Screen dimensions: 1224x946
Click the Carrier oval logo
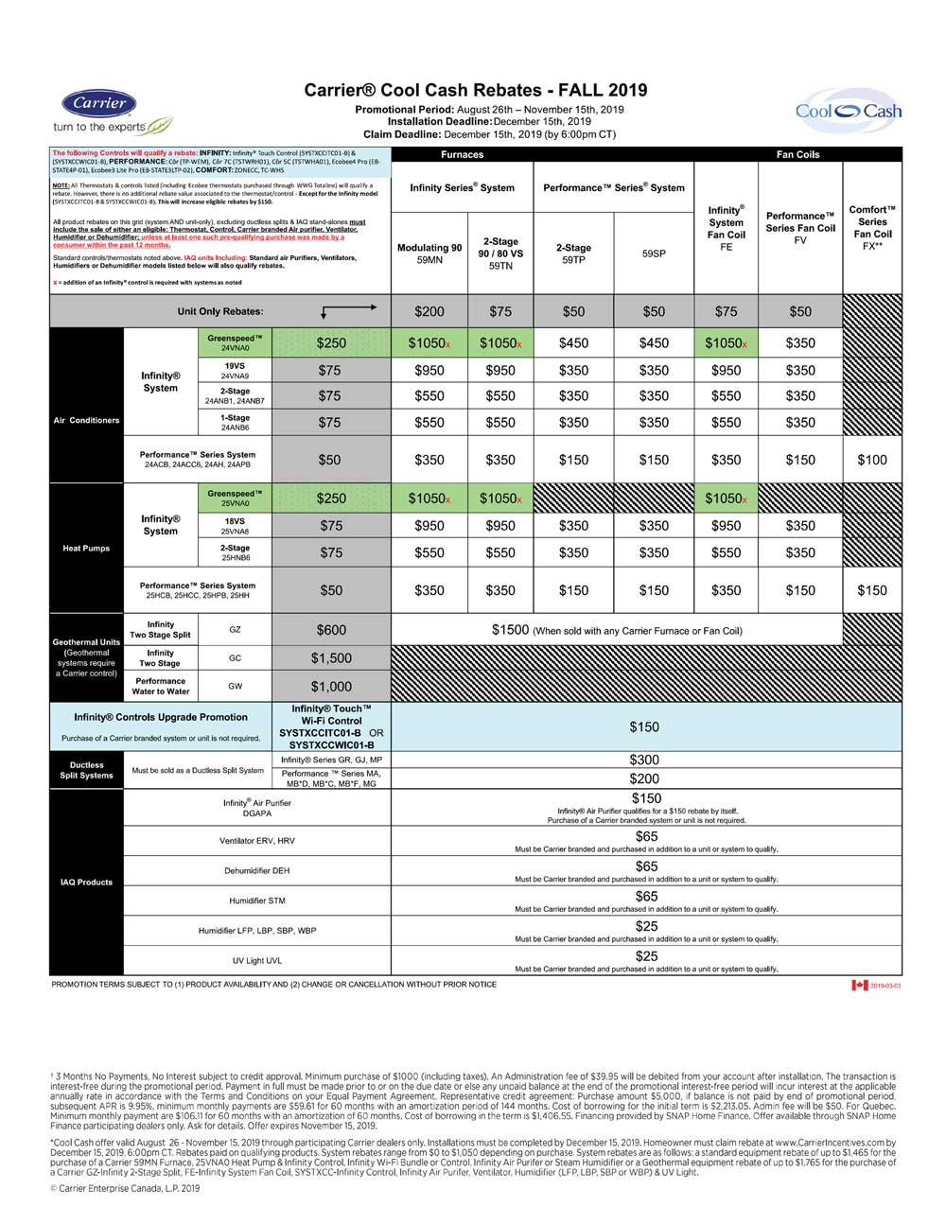point(99,104)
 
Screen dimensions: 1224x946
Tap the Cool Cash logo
point(849,112)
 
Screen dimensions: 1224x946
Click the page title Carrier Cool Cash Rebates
point(476,91)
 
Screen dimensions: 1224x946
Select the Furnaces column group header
point(462,154)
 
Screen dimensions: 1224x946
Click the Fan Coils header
point(797,154)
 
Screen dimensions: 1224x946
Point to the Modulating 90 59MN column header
point(429,254)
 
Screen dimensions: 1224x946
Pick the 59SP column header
point(654,254)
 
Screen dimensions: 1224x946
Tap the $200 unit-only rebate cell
point(429,311)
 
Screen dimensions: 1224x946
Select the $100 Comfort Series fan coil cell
point(872,460)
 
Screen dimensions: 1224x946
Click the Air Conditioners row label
point(86,420)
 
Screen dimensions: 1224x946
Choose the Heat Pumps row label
point(86,548)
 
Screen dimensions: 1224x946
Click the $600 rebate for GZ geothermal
point(331,630)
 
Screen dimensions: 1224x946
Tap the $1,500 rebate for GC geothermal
point(331,658)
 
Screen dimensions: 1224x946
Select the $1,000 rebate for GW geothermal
point(331,687)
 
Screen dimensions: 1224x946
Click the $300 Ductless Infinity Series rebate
point(645,760)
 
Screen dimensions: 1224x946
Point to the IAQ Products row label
point(86,882)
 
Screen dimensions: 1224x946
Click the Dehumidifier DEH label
point(256,870)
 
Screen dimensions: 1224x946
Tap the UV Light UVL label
point(256,960)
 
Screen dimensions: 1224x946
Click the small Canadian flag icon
point(859,986)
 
